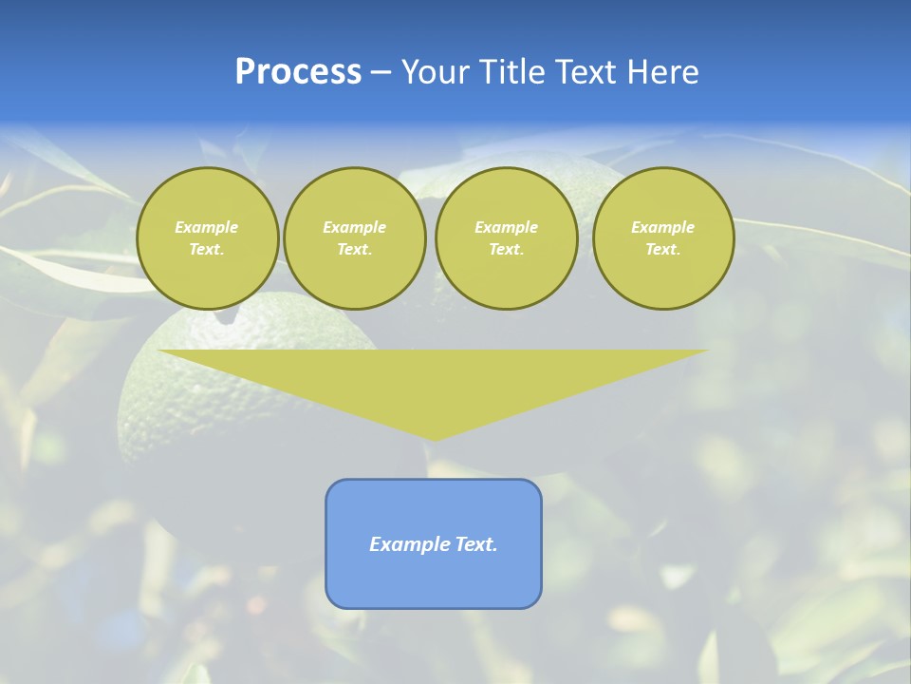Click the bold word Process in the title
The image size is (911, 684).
[x=298, y=72]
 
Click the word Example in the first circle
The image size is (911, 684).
[x=207, y=227]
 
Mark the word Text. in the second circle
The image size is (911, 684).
[x=354, y=249]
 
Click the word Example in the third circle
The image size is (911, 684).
[x=506, y=227]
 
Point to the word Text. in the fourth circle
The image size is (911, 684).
[x=662, y=249]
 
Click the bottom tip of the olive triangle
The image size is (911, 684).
[x=434, y=438]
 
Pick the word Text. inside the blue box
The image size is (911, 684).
[x=476, y=544]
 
